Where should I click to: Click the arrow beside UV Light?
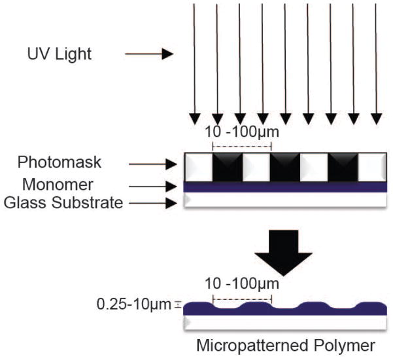coord(149,54)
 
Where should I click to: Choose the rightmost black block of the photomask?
coord(344,168)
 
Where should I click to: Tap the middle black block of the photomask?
coord(287,168)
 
